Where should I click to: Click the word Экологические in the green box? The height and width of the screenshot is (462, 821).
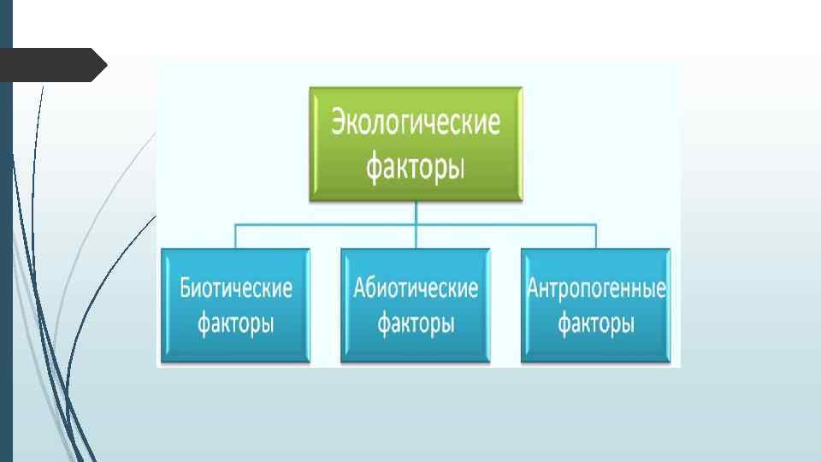[x=416, y=123]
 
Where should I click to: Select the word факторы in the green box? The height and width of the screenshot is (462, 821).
[x=416, y=165]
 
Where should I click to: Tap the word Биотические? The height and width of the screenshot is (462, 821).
[x=235, y=288]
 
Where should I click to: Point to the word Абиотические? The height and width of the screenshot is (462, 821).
[x=416, y=288]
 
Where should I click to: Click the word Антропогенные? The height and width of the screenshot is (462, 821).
[x=596, y=288]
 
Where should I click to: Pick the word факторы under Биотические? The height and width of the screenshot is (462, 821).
[x=235, y=324]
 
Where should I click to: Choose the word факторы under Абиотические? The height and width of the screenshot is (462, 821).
[x=416, y=324]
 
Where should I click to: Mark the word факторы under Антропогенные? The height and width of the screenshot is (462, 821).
[x=596, y=324]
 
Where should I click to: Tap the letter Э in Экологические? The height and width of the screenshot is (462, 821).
[x=339, y=123]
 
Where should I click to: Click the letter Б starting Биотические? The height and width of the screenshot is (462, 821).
[x=186, y=288]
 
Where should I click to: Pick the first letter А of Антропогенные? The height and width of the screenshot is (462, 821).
[x=533, y=288]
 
